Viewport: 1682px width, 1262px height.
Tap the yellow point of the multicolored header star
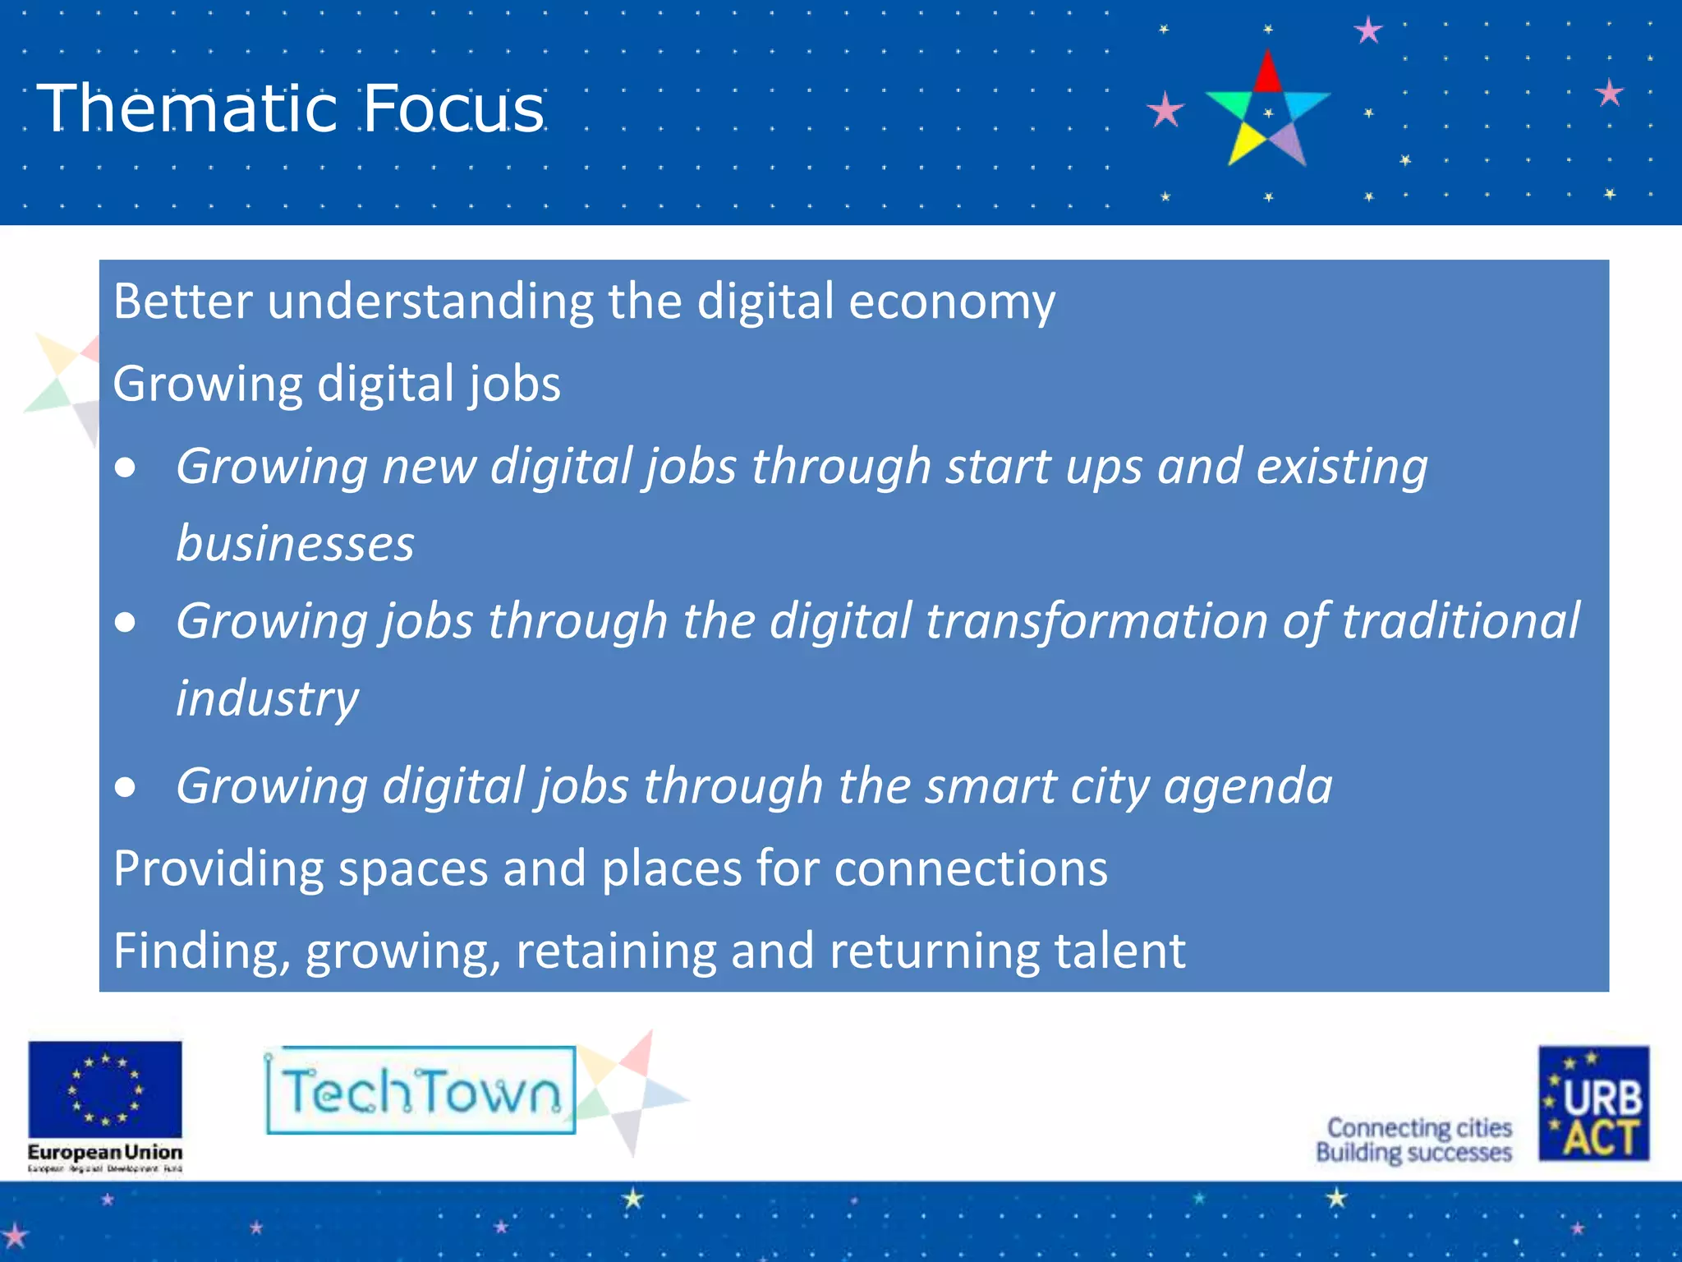tap(1245, 143)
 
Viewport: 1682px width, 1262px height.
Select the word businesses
tap(295, 544)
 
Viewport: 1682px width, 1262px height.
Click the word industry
tap(267, 698)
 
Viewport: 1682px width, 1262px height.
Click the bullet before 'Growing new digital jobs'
tap(126, 468)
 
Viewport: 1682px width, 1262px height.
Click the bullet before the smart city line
tap(126, 787)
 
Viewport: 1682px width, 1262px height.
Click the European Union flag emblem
tap(105, 1089)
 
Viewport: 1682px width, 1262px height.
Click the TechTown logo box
tap(420, 1091)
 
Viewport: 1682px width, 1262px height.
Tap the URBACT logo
tap(1593, 1103)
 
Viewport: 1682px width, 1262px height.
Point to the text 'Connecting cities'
tap(1419, 1127)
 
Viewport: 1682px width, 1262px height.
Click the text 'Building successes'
tap(1413, 1153)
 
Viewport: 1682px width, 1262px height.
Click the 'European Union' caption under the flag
tap(105, 1152)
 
